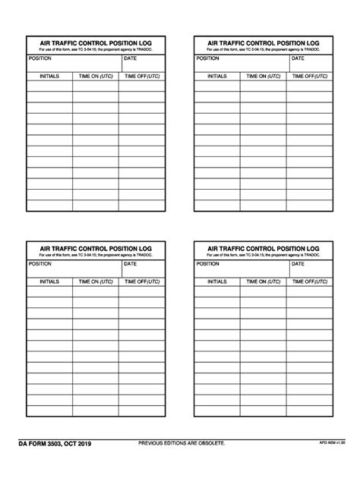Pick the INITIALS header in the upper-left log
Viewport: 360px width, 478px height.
pos(50,77)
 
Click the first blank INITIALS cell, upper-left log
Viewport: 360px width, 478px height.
pos(50,86)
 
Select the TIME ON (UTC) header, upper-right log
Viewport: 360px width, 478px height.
pos(263,77)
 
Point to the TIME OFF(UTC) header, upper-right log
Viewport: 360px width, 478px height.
pos(310,77)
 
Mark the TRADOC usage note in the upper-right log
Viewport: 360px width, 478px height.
pos(263,51)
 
